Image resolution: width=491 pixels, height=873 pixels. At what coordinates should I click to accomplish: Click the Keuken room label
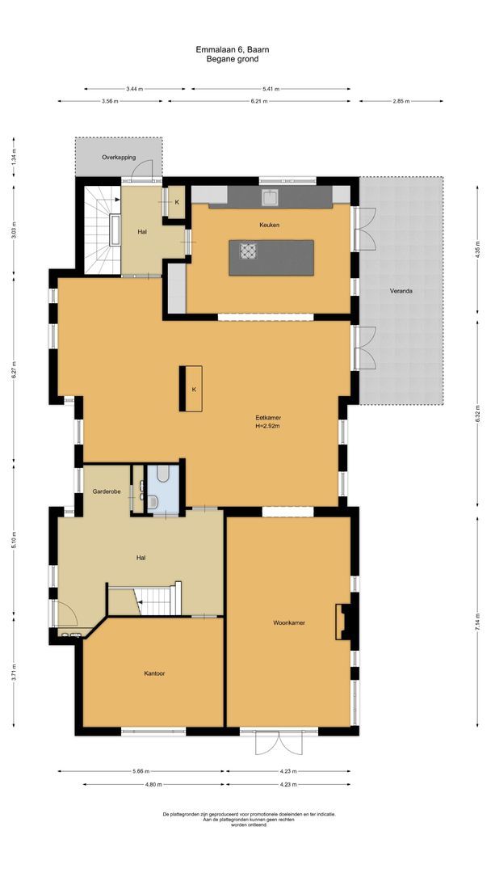(269, 226)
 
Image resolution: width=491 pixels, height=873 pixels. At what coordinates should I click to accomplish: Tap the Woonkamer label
(288, 622)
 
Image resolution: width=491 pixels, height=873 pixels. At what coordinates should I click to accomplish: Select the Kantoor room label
(155, 673)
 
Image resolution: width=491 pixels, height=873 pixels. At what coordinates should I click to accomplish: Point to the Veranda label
(401, 290)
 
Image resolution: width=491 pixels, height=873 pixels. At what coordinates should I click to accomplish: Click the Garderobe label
(106, 491)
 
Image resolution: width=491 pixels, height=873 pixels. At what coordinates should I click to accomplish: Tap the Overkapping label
(118, 157)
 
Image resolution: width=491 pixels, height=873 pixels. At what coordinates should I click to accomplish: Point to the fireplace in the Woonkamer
(343, 622)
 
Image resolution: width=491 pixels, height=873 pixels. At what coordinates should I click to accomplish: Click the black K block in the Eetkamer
(193, 389)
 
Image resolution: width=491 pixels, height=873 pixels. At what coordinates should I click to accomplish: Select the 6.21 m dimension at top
(258, 101)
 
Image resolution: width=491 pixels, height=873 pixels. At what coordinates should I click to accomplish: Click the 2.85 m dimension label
(401, 101)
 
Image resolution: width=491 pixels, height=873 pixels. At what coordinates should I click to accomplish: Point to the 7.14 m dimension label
(477, 622)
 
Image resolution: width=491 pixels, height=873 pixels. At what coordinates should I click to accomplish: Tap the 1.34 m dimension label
(13, 159)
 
